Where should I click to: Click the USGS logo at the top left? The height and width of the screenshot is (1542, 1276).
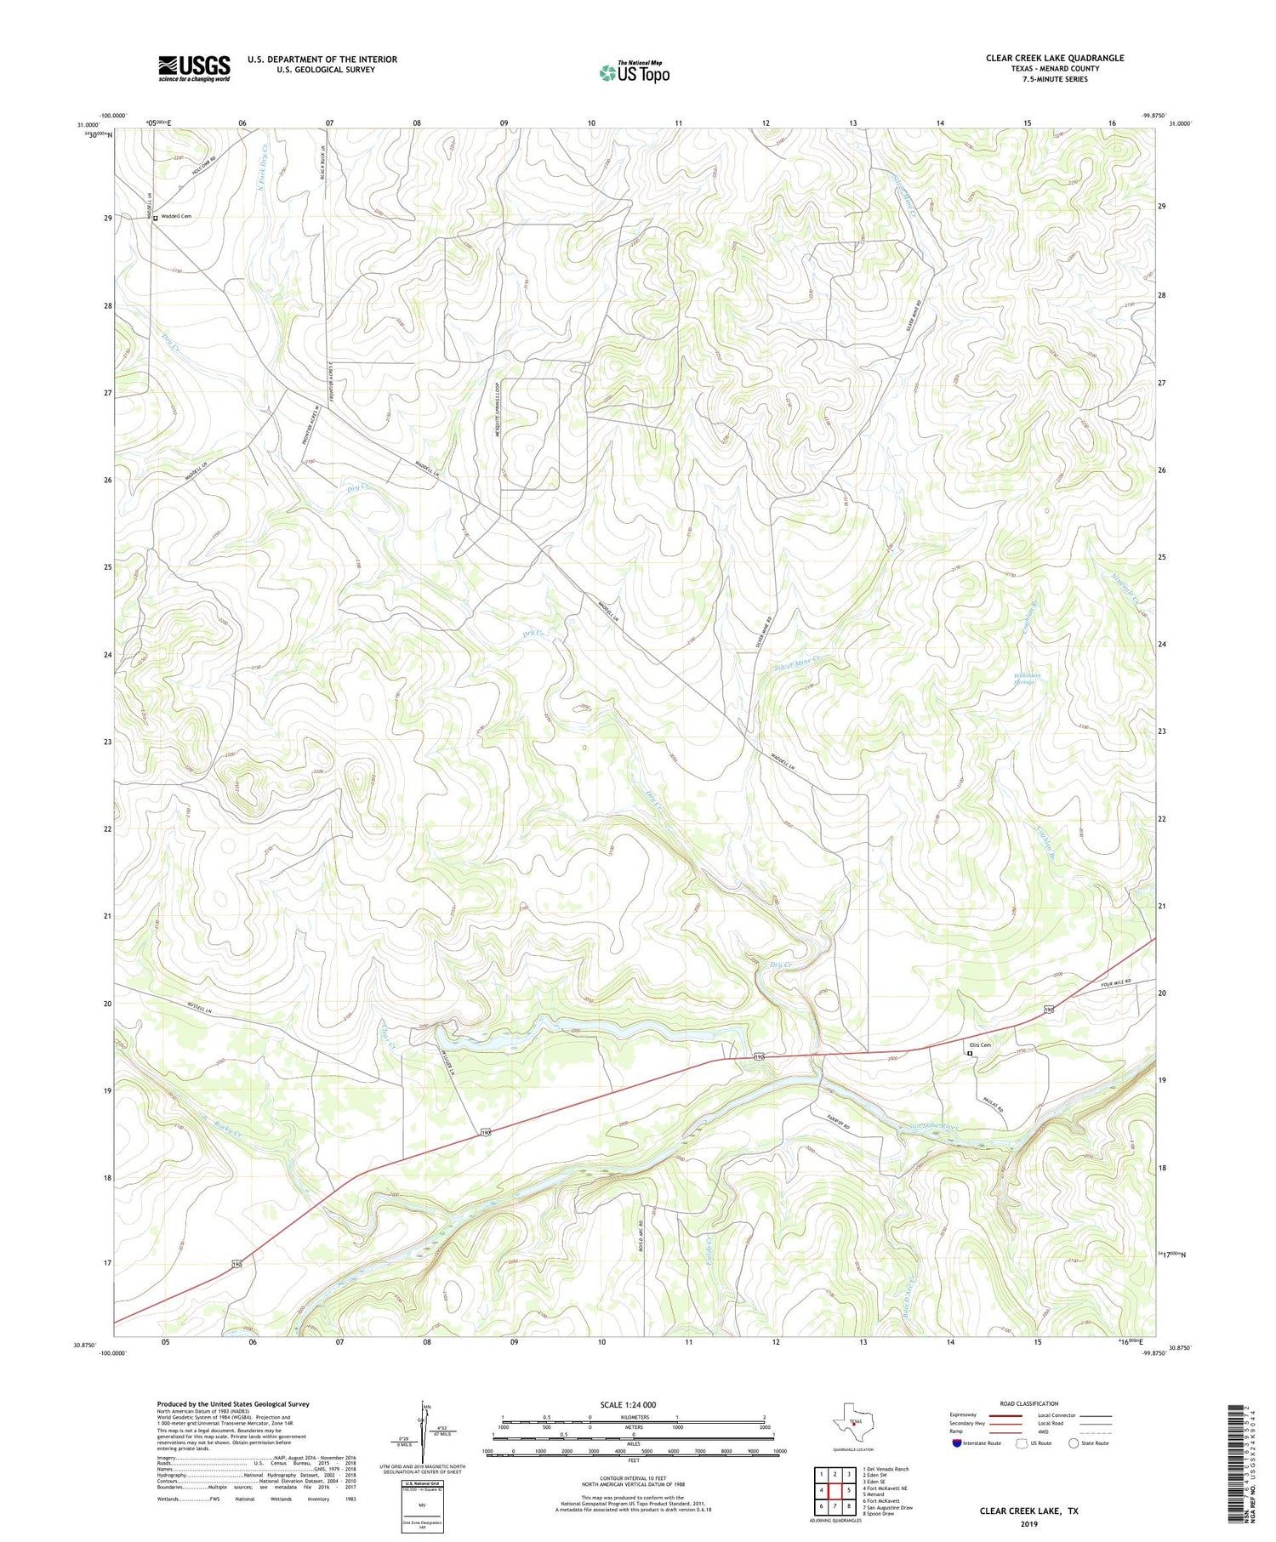[x=194, y=68]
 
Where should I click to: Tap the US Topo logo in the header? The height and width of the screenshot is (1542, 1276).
[x=634, y=73]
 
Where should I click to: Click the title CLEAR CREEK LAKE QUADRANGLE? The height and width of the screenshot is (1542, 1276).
[x=1054, y=58]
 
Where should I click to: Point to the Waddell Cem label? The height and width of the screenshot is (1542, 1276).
[x=176, y=217]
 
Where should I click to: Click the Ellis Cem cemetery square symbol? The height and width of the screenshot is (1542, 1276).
[x=969, y=1054]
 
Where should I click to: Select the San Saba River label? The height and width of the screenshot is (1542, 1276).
[x=931, y=1128]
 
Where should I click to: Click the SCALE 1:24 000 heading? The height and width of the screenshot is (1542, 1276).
[x=633, y=1404]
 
